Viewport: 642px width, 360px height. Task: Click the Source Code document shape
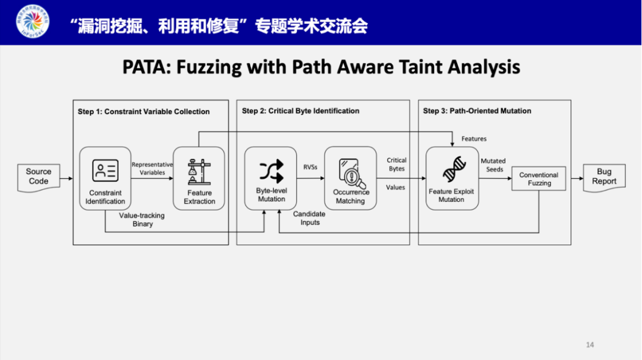tap(39, 176)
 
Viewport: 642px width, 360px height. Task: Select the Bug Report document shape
tap(604, 176)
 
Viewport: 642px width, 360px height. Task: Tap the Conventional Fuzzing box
tap(539, 179)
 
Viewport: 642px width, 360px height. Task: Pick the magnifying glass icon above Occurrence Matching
tap(350, 172)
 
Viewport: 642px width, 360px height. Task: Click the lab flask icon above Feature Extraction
tap(199, 172)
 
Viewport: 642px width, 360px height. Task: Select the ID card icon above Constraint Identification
tap(105, 170)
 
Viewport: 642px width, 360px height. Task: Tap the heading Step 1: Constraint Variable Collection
tap(143, 112)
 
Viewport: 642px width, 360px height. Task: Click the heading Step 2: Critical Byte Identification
tap(300, 111)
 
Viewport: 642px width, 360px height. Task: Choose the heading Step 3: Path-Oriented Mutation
tap(477, 111)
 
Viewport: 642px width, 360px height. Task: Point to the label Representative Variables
tap(152, 169)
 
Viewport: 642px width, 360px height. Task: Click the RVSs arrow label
tap(310, 168)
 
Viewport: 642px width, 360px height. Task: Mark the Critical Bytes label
tap(396, 165)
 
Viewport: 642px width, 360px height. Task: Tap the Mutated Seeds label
tap(493, 165)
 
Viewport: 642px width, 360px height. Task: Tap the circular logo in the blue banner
tap(33, 23)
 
